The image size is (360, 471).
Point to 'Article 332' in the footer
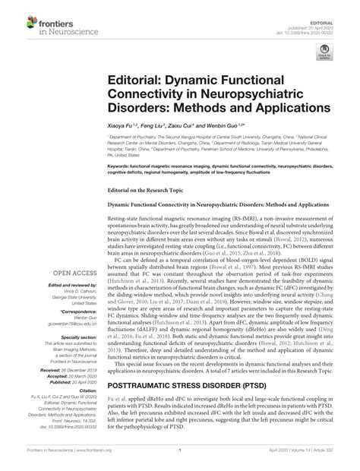coord(335,460)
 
